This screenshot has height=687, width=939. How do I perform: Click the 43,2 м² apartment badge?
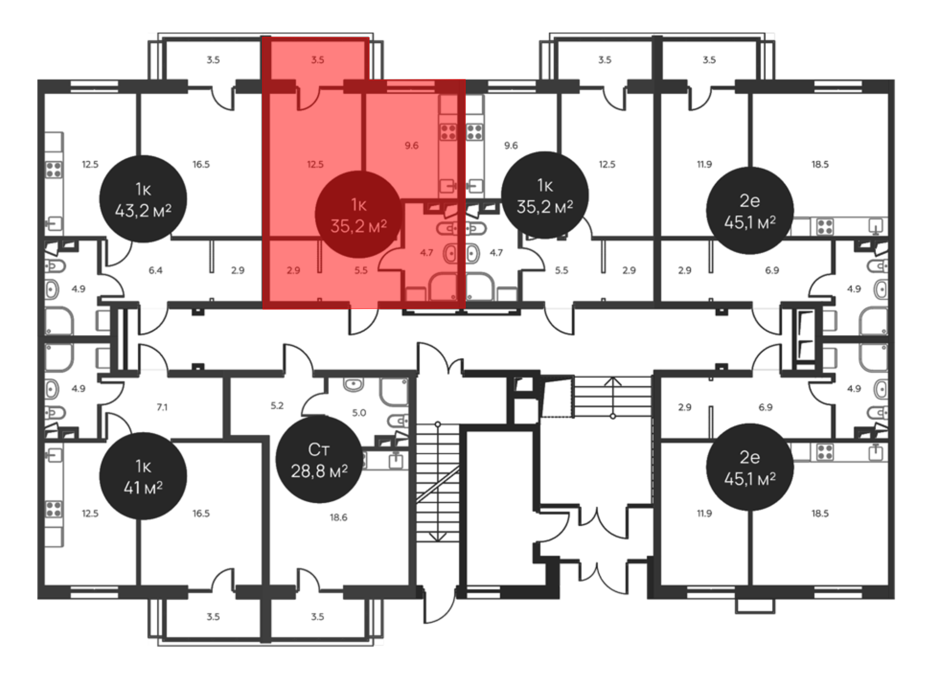coord(143,199)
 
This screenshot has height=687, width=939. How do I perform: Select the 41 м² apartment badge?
coord(143,476)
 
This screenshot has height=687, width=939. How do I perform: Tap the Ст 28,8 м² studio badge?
coord(319,460)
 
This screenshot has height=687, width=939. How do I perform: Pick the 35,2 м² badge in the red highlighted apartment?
coord(359,215)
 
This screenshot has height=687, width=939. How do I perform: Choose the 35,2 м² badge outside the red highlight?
coord(545,195)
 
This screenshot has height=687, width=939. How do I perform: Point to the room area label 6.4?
coord(155,270)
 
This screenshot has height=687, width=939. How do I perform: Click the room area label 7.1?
coord(162,407)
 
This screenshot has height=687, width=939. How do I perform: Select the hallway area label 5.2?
coord(277,405)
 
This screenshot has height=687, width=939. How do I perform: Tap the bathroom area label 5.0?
coord(359,413)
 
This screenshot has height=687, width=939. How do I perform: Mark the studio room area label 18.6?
coord(339,517)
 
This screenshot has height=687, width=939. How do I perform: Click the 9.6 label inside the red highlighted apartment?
coord(412,145)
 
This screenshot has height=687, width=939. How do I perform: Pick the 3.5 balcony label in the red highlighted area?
coord(317,60)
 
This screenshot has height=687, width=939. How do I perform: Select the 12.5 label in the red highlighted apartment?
coord(315,164)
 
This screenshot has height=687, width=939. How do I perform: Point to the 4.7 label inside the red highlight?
coord(426,253)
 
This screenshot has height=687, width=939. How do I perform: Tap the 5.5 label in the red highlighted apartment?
coord(361,270)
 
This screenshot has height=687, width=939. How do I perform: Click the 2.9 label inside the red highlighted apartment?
coord(293,270)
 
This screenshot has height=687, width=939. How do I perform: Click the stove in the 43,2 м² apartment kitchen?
coord(54,169)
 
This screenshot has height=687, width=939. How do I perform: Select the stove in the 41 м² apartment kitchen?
coord(54,509)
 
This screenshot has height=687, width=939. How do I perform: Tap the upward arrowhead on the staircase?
coord(613,381)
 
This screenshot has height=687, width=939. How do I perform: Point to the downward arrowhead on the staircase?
coord(438,537)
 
